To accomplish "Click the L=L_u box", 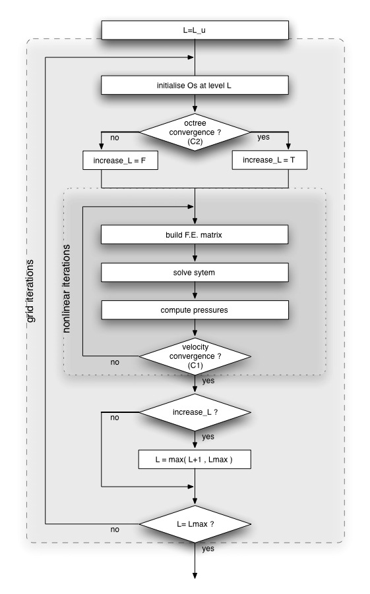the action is pos(195,30).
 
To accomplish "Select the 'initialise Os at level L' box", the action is pos(195,85).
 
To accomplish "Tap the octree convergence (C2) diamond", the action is pos(195,132).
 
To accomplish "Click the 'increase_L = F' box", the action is pos(120,160).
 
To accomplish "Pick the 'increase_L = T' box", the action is pos(270,160).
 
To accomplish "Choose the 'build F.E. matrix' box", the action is pos(195,235).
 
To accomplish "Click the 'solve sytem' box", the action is pos(195,273).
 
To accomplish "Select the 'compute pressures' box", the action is pos(195,310).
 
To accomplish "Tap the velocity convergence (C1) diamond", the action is pos(195,356).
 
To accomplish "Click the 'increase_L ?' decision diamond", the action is pos(195,412).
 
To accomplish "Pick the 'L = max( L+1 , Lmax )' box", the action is pos(195,460).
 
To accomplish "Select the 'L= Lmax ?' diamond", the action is pos(195,524).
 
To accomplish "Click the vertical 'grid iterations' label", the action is pos(30,291).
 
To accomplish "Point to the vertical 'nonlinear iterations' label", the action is pos(67,288).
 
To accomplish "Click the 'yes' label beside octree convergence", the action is pos(263,137).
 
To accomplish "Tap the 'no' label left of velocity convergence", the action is pos(115,362).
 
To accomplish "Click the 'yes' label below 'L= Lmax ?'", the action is pos(208,549).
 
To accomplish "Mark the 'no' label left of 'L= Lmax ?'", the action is pos(115,529).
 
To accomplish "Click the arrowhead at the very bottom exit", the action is pos(195,576).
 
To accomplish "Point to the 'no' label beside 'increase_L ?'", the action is pos(115,418).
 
